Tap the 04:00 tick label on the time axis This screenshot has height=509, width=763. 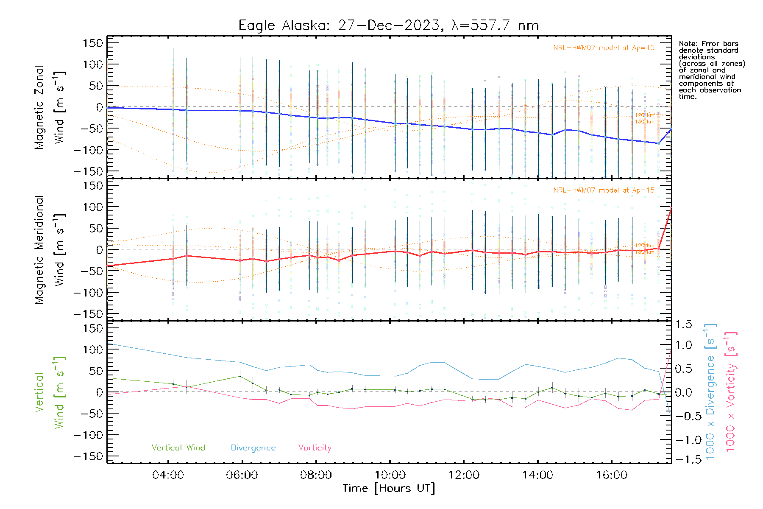pyautogui.click(x=168, y=475)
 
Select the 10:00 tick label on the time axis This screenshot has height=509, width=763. pyautogui.click(x=390, y=475)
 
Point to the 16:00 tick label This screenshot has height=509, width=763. pyautogui.click(x=612, y=475)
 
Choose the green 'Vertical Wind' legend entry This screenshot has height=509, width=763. pyautogui.click(x=178, y=447)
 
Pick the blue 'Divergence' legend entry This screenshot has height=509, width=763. pyautogui.click(x=253, y=447)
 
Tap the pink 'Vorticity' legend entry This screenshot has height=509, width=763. pyautogui.click(x=315, y=447)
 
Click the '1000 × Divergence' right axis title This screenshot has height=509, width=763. pyautogui.click(x=710, y=392)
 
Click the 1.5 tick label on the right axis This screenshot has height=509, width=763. pyautogui.click(x=684, y=324)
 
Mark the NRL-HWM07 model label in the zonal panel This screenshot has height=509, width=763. pyautogui.click(x=604, y=48)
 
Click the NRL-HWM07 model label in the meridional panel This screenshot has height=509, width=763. pyautogui.click(x=604, y=190)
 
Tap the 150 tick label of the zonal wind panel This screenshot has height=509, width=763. pyautogui.click(x=93, y=43)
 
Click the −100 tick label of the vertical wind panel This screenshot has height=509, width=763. pyautogui.click(x=88, y=435)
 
